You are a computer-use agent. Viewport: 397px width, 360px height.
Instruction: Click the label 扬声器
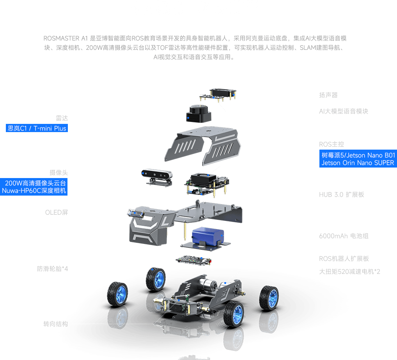click(x=328, y=95)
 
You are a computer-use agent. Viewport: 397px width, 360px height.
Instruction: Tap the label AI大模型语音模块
click(x=343, y=111)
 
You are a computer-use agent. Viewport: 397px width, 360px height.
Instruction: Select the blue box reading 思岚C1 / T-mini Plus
click(x=37, y=128)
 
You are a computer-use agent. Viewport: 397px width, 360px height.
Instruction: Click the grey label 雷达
click(x=62, y=118)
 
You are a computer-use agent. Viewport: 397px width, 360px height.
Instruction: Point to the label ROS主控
click(x=331, y=144)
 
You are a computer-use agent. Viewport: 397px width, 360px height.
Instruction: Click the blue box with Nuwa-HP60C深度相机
click(x=34, y=187)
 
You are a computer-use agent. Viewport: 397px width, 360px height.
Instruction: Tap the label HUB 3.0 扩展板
click(x=342, y=194)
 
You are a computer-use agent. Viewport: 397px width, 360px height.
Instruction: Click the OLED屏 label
click(x=57, y=212)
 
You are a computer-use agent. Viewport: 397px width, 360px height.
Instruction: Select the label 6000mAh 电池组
click(x=344, y=236)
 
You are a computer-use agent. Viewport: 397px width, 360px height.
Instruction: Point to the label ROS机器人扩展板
click(x=344, y=259)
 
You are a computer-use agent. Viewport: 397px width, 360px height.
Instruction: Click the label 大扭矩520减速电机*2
click(x=349, y=272)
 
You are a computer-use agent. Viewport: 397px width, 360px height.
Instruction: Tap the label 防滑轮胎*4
click(x=52, y=269)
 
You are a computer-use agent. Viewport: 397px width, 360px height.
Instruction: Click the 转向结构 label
click(x=55, y=324)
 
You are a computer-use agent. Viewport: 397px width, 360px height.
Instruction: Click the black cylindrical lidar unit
click(x=199, y=114)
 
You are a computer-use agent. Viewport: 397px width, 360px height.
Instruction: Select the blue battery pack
click(x=207, y=236)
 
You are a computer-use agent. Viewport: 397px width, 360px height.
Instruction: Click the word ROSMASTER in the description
click(x=61, y=39)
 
